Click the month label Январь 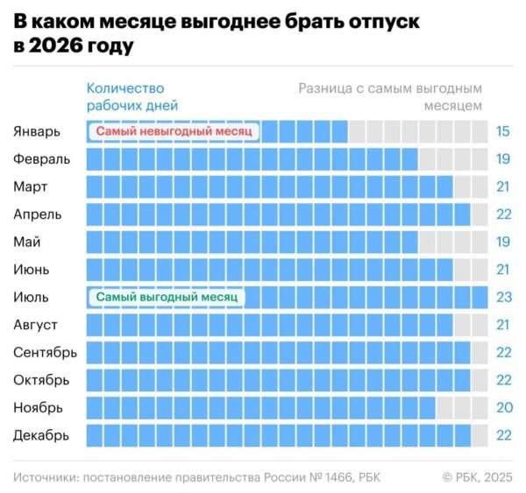pyautogui.click(x=37, y=131)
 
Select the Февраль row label pyautogui.click(x=39, y=159)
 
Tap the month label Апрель pyautogui.click(x=38, y=214)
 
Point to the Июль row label pyautogui.click(x=32, y=297)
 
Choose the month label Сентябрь pyautogui.click(x=45, y=352)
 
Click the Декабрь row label pyautogui.click(x=41, y=435)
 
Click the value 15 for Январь pyautogui.click(x=503, y=131)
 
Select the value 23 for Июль pyautogui.click(x=503, y=297)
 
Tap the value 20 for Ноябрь pyautogui.click(x=503, y=407)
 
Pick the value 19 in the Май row pyautogui.click(x=503, y=242)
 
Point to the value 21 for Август pyautogui.click(x=503, y=325)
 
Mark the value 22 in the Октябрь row pyautogui.click(x=503, y=380)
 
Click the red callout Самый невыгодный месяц pyautogui.click(x=174, y=131)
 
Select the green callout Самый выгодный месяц pyautogui.click(x=167, y=297)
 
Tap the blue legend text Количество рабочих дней pyautogui.click(x=126, y=96)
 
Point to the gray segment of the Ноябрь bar pyautogui.click(x=461, y=407)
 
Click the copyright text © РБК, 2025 pyautogui.click(x=476, y=476)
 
